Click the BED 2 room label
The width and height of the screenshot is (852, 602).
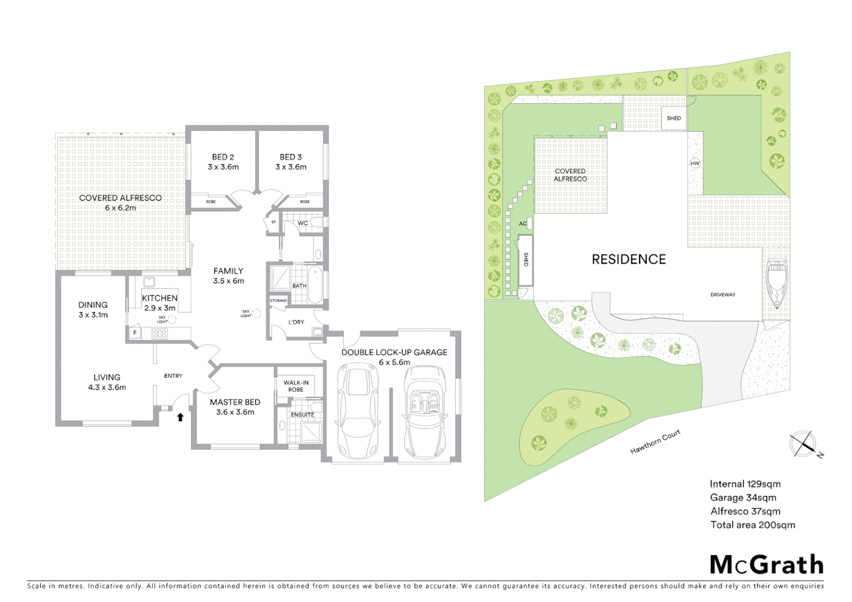coord(223,162)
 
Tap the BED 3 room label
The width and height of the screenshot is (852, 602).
coord(291,162)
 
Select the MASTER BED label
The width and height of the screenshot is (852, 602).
coord(235,407)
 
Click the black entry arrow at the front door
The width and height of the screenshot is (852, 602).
coord(180,417)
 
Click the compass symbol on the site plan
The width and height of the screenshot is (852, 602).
coord(803,444)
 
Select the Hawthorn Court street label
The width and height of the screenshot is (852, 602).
coord(655,442)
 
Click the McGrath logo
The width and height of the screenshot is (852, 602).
coord(766,565)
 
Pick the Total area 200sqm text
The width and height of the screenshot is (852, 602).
coord(752,525)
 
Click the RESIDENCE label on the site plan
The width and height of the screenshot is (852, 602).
coord(628,259)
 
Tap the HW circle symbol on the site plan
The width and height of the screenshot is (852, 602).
coord(695,163)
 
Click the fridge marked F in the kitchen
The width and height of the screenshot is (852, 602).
coord(134,333)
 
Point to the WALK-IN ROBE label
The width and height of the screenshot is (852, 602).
coord(296,386)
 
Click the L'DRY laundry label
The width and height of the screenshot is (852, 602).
coord(296,322)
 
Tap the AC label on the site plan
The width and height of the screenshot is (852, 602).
coord(522,224)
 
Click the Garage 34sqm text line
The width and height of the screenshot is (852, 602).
coord(743,498)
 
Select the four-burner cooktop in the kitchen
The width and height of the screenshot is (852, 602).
coord(160,334)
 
